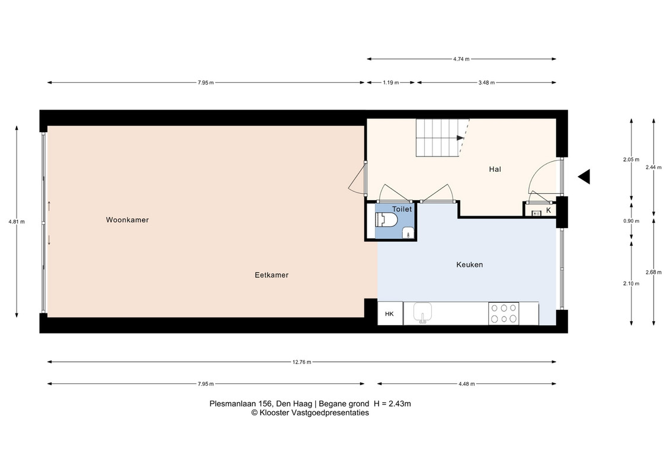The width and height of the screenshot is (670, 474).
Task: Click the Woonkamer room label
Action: [x=127, y=220]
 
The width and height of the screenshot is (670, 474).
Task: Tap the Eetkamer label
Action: [x=271, y=275]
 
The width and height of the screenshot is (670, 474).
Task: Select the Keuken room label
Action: [x=470, y=265]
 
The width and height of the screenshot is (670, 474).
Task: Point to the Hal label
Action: [x=495, y=169]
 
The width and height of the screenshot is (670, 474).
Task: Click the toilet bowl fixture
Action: [x=386, y=220]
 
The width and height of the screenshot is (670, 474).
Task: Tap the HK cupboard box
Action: [x=390, y=313]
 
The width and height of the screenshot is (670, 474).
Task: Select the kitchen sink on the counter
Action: [x=422, y=312]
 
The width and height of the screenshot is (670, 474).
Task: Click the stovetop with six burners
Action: [x=504, y=313]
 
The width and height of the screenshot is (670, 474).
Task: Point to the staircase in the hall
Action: [x=443, y=137]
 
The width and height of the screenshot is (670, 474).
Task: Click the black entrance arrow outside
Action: [x=585, y=177]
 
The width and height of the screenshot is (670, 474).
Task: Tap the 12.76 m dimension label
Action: [x=302, y=362]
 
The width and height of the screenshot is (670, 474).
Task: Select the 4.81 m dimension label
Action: [x=17, y=222]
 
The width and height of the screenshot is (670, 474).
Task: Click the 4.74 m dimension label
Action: [x=461, y=59]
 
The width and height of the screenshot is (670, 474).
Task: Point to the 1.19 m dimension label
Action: [x=390, y=82]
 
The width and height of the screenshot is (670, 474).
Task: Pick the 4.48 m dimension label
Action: [x=467, y=384]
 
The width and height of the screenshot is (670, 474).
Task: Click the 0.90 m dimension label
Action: [x=631, y=221]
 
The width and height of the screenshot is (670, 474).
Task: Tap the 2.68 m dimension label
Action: [x=654, y=273]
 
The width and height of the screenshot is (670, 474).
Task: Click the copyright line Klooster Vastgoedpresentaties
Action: [x=310, y=413]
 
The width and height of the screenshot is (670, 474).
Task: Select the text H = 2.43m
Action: [x=392, y=403]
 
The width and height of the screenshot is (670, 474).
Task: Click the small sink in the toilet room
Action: [x=408, y=233]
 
